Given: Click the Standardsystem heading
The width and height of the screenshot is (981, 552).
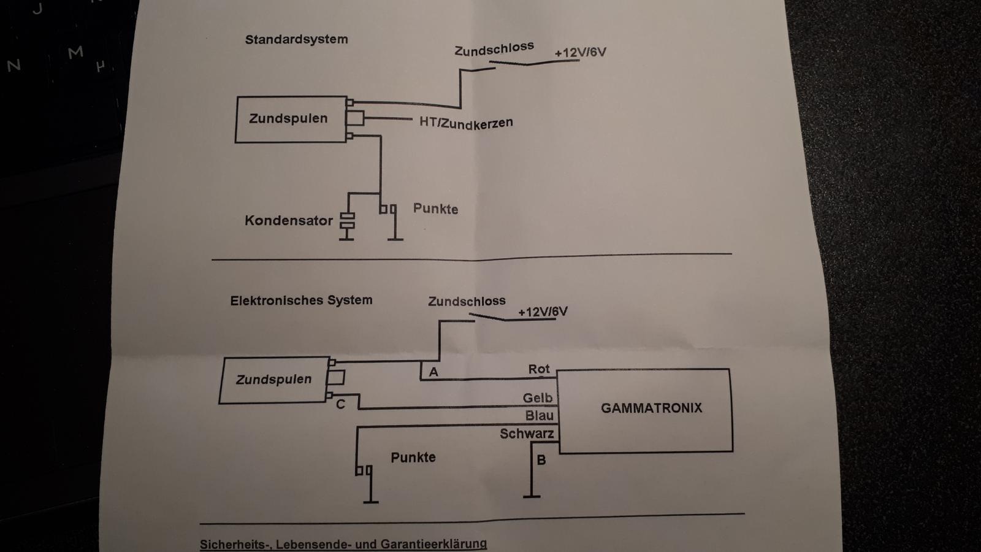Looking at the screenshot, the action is tap(297, 39).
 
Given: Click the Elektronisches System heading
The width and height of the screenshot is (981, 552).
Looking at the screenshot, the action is tap(301, 301).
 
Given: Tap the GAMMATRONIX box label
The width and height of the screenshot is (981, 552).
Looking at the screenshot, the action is tap(651, 408).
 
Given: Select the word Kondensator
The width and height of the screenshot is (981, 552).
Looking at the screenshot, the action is tap(289, 220).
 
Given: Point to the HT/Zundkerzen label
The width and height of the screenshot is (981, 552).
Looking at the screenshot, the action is tap(466, 123).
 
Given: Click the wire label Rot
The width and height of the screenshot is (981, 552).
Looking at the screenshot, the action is tap(539, 369).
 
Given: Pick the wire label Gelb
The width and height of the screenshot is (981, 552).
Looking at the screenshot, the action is tap(537, 398).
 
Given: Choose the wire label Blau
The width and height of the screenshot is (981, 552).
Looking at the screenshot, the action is tap(539, 415).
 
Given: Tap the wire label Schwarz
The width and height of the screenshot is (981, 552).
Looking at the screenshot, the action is tap(527, 434).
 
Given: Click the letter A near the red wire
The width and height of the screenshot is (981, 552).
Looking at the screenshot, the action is tap(433, 372).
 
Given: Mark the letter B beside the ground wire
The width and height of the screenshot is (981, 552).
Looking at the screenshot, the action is tap(541, 460).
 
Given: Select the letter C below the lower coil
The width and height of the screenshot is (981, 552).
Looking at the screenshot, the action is tap(340, 404).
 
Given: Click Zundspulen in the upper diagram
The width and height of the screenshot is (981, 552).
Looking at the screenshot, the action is tap(288, 118).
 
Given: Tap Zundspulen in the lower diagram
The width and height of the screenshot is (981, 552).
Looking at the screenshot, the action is tap(273, 380).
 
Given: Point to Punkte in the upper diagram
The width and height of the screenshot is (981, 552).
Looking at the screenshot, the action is tap(435, 209).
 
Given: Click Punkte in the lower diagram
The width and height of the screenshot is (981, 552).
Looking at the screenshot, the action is tap(413, 458).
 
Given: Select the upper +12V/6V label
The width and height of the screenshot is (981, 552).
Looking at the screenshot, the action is tap(580, 53).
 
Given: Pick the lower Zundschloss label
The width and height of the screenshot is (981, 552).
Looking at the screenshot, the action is tap(467, 301).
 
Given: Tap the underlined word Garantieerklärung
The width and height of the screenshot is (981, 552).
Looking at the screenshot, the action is tap(433, 544).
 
